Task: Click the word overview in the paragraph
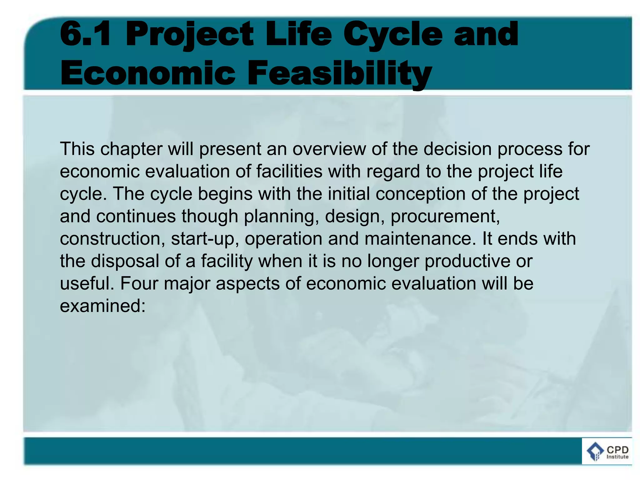pos(329,149)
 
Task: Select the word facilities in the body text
pos(289,171)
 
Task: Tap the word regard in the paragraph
pos(393,172)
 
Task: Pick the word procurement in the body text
pos(445,217)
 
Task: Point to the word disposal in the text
pos(125,261)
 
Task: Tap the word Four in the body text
pos(139,283)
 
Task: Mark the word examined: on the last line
pos(103,306)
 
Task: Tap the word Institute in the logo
pos(617,457)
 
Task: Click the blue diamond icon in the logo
pos(595,452)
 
